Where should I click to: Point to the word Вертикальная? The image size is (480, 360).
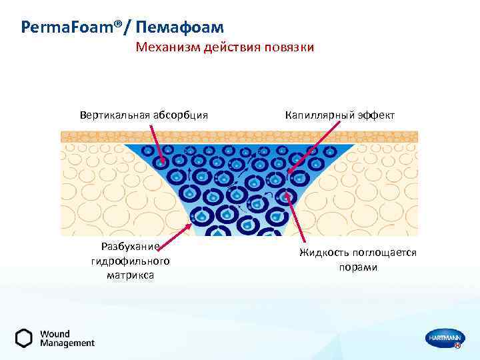coord(115,115)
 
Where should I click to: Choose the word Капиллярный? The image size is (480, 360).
coord(321,115)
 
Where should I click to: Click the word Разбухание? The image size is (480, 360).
coord(130,247)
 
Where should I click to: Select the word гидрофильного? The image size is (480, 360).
coord(130,261)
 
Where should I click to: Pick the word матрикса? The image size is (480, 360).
coord(130,275)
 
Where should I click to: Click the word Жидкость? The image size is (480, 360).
coord(324,253)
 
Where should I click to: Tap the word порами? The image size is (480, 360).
coord(357,267)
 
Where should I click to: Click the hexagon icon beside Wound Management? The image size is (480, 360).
coord(24,338)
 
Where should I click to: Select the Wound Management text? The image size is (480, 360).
coord(67,338)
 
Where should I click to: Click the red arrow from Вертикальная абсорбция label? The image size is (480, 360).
coord(158,145)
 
